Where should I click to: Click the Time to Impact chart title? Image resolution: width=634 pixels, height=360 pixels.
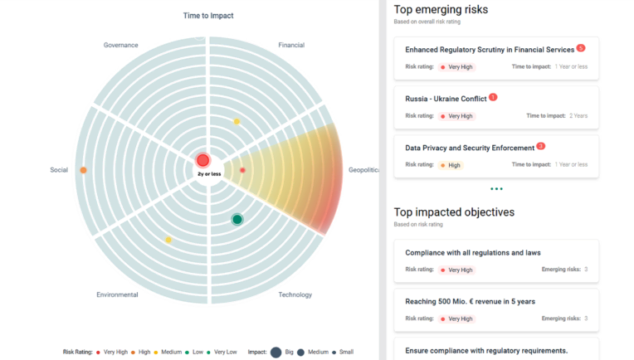208,16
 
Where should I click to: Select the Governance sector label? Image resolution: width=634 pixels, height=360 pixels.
121,45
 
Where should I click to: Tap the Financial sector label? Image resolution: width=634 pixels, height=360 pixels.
291,45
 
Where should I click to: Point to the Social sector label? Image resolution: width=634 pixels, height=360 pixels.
59,170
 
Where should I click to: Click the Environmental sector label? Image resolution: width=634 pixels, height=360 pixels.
117,294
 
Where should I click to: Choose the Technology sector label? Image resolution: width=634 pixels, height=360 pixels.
295,294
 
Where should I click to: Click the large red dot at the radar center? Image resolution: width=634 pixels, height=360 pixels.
203,160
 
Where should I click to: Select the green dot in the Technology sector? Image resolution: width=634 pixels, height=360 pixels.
237,219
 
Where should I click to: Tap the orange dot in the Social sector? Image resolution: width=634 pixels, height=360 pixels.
83,170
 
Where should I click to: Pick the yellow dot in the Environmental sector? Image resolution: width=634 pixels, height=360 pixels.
168,240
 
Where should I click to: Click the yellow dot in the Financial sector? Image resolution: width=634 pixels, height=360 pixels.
237,122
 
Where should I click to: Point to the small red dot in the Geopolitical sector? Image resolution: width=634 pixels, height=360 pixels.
242,170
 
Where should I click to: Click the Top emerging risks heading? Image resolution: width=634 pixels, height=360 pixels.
441,10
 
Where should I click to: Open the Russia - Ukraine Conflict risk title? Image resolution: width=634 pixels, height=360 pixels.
446,99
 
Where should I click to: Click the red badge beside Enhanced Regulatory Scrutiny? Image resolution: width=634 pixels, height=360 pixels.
581,48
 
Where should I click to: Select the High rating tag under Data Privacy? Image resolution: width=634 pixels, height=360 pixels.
451,165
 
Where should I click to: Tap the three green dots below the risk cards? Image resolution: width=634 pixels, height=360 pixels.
496,189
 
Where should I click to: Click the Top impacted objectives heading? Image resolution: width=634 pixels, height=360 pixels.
454,212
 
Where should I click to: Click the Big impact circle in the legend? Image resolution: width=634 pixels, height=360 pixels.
276,352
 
